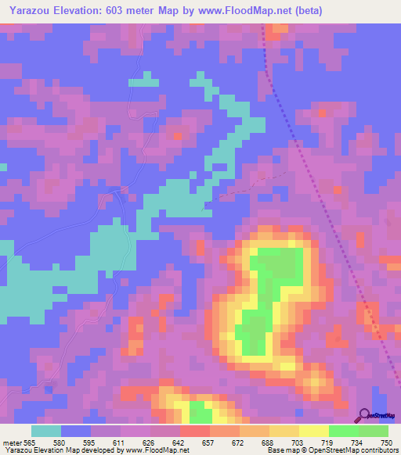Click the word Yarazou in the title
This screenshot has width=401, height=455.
coord(29,11)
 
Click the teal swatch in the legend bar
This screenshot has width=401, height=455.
coord(46,431)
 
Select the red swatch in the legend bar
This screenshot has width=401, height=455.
coord(195,431)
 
